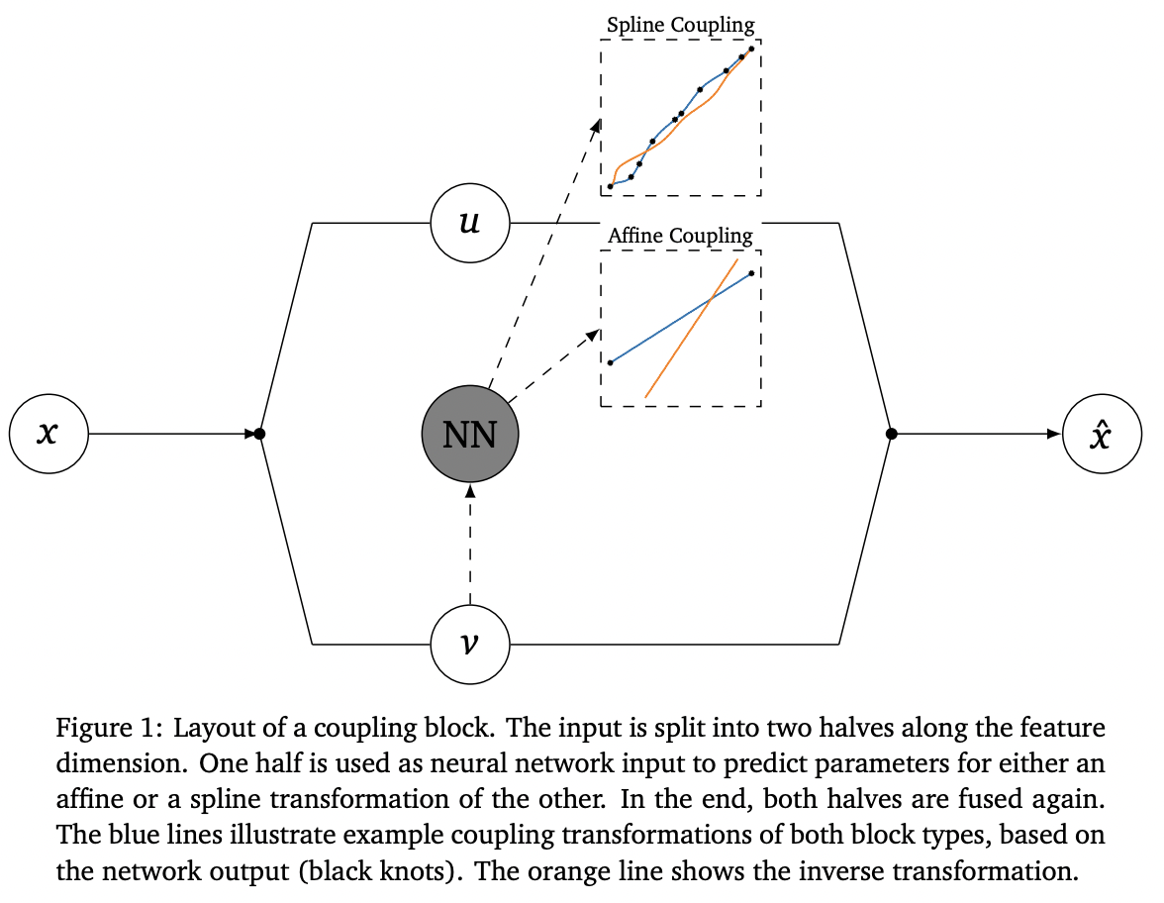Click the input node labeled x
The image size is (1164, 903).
coord(48,434)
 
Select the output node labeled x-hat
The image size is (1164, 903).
coord(1102,434)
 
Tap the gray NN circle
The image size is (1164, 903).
coord(470,434)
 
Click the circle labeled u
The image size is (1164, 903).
coord(470,223)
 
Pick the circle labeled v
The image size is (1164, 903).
coord(470,645)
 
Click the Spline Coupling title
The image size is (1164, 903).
coord(680,26)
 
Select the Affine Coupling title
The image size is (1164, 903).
coord(680,236)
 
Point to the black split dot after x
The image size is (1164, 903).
coord(259,434)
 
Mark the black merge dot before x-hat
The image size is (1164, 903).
coord(891,434)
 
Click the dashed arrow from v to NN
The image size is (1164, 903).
coord(470,545)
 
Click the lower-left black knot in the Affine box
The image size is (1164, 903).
coord(610,362)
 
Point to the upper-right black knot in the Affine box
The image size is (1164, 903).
coord(751,273)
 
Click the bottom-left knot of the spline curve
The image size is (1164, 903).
coord(610,186)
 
